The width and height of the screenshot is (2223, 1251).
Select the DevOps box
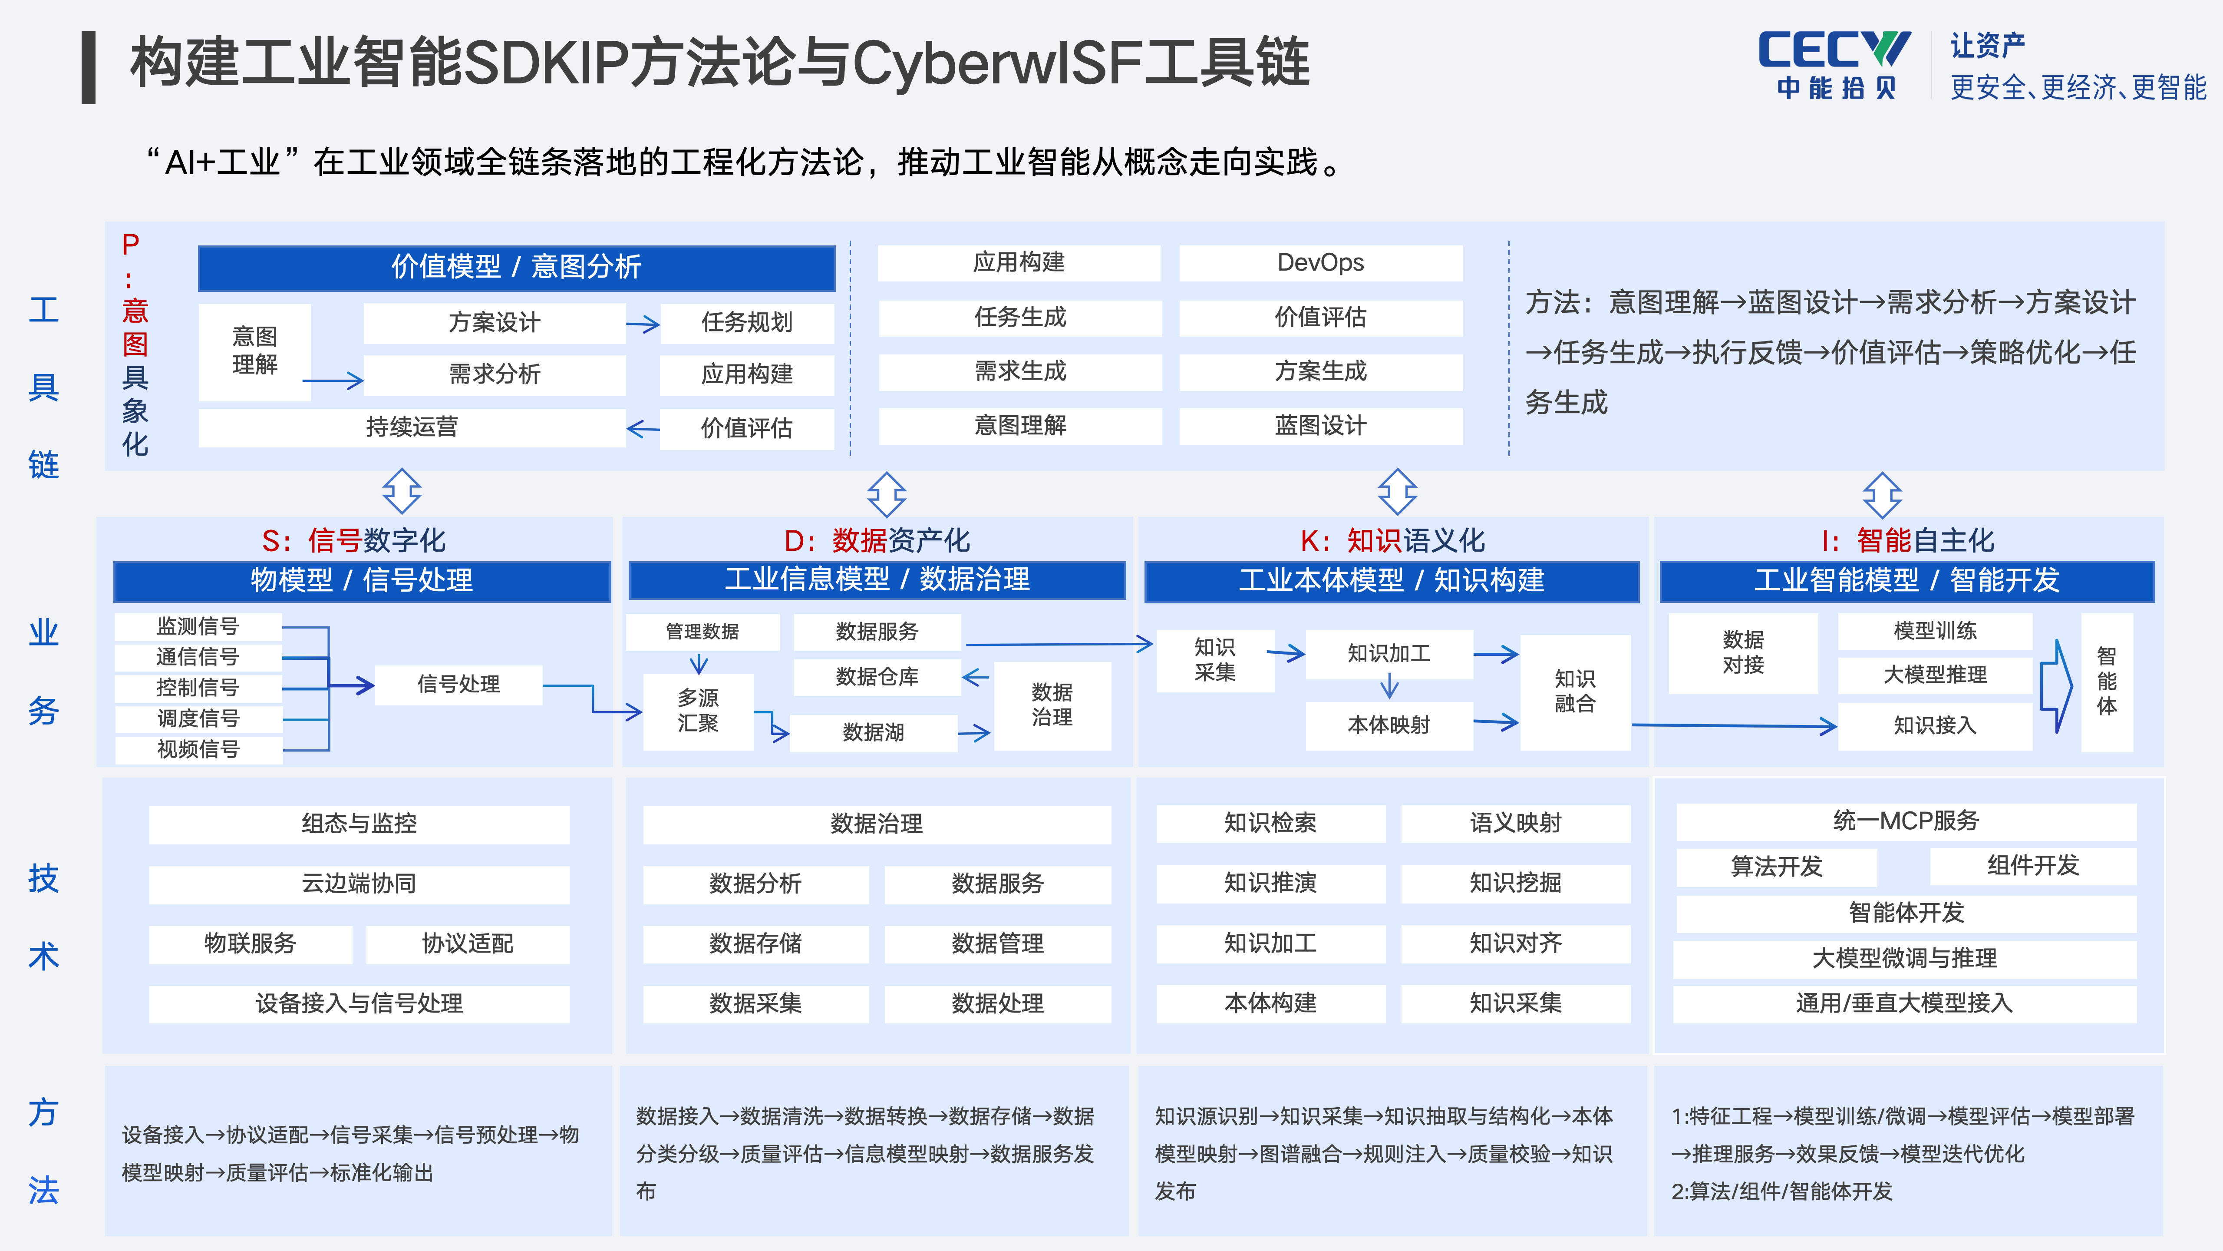click(1320, 262)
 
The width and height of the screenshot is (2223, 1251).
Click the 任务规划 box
click(746, 323)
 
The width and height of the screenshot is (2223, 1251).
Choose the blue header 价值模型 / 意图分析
click(516, 267)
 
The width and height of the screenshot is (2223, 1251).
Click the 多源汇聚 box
click(698, 711)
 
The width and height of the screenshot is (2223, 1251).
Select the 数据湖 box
click(873, 732)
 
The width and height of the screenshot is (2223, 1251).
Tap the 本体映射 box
click(1389, 725)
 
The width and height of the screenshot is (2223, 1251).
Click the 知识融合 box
click(1575, 692)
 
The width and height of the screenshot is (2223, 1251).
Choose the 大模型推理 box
click(1935, 675)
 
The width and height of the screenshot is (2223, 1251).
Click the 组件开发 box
click(2033, 866)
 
